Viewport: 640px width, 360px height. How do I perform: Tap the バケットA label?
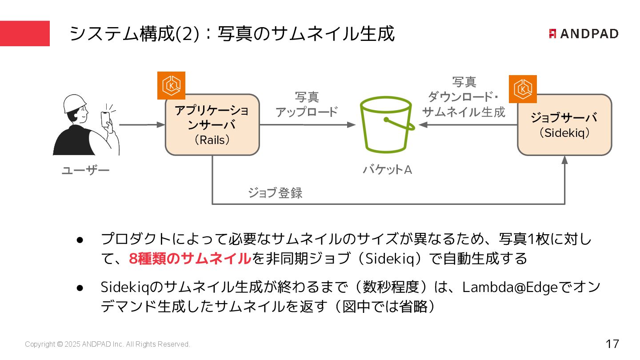pyautogui.click(x=387, y=169)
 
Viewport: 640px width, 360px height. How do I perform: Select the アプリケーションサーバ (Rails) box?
pyautogui.click(x=212, y=125)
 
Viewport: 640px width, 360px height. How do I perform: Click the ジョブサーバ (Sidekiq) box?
pyautogui.click(x=564, y=125)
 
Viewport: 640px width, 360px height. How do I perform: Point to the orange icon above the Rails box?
pyautogui.click(x=171, y=85)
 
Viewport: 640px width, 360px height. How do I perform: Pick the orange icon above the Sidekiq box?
pyautogui.click(x=523, y=89)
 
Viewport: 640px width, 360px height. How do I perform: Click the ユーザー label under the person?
pyautogui.click(x=85, y=171)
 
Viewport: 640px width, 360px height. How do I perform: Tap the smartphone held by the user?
pyautogui.click(x=105, y=119)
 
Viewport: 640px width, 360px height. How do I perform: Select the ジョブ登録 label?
pyautogui.click(x=275, y=193)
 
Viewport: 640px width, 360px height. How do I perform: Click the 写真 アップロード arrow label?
pyautogui.click(x=307, y=104)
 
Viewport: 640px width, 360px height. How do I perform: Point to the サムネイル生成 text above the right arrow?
pyautogui.click(x=464, y=112)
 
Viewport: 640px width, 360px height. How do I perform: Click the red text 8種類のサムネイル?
pyautogui.click(x=190, y=258)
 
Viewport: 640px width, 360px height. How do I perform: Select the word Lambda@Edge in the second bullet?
pyautogui.click(x=510, y=288)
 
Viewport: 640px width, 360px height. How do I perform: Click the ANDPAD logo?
pyautogui.click(x=583, y=34)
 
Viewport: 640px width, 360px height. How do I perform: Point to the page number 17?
pyautogui.click(x=612, y=344)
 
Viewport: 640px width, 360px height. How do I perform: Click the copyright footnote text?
pyautogui.click(x=108, y=344)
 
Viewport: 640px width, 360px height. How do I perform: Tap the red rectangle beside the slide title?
pyautogui.click(x=25, y=33)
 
